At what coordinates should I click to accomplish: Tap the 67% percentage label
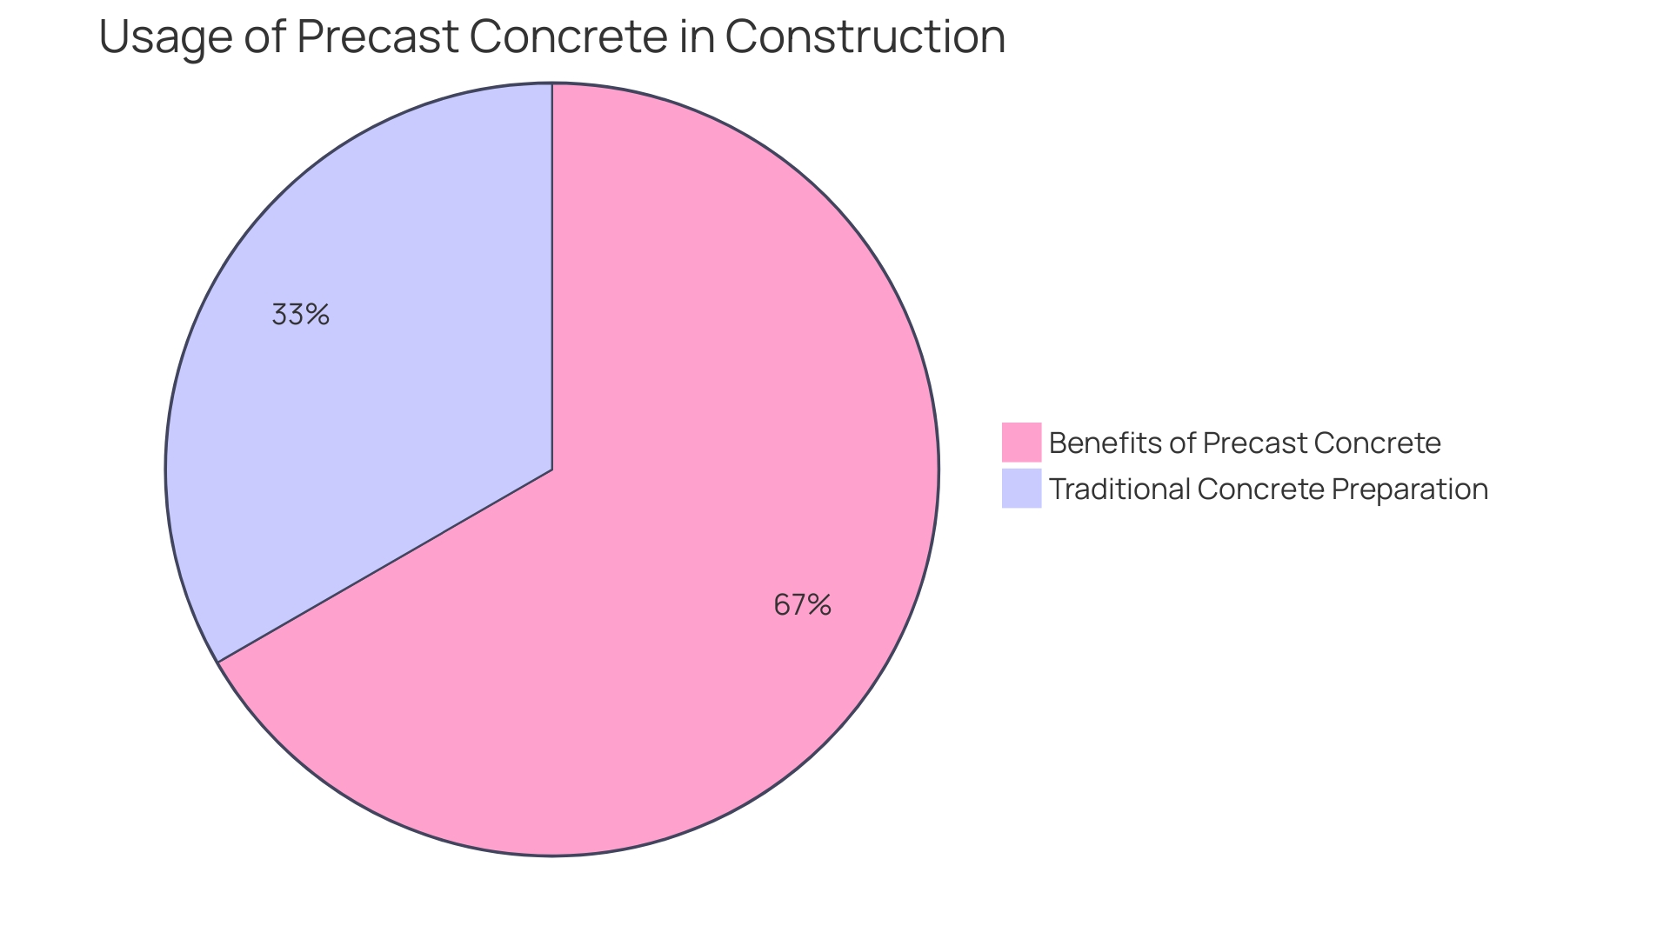802,604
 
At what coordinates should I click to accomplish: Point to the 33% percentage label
300,315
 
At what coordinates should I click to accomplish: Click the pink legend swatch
1021,443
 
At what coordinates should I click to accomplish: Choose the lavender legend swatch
1021,489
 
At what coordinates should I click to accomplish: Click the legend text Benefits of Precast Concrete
1245,443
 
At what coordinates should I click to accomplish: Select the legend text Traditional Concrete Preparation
1268,489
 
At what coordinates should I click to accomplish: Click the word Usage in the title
164,37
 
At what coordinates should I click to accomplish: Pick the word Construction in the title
865,37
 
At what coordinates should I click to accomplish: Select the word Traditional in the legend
1119,489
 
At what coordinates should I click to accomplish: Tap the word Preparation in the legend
1410,489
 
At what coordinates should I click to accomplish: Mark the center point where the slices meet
552,469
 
